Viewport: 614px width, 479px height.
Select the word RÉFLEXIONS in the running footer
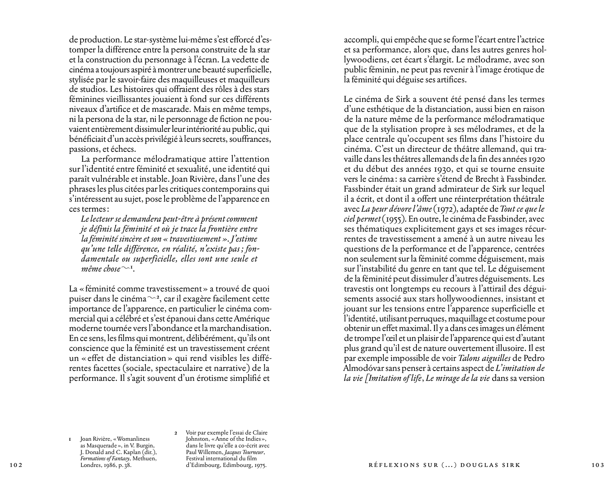coord(387,465)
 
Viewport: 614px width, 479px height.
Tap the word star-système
coord(155,40)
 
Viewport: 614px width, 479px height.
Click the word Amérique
coord(252,319)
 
